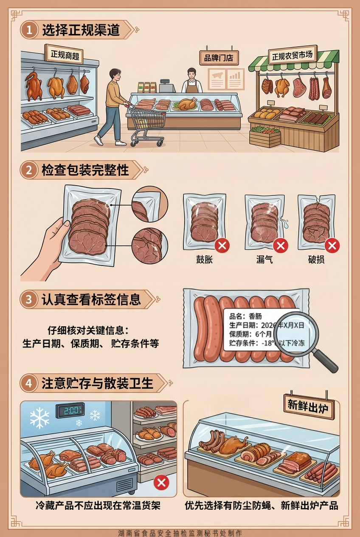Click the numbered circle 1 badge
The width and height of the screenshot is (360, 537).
[x=29, y=30]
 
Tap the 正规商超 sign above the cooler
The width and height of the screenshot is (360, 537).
[x=64, y=55]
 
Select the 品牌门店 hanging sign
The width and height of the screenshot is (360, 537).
[x=219, y=58]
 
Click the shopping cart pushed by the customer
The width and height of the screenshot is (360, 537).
[x=146, y=124]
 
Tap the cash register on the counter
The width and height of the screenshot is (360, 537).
[x=167, y=86]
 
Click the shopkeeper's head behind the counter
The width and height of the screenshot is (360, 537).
[x=191, y=73]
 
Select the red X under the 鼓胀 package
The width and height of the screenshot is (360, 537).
[x=222, y=246]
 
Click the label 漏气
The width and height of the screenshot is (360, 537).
[x=264, y=260]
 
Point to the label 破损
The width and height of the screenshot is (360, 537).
[x=316, y=260]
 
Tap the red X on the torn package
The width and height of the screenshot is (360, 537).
[x=332, y=246]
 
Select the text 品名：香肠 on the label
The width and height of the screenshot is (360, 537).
[x=245, y=316]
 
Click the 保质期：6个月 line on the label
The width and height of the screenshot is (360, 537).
[x=250, y=334]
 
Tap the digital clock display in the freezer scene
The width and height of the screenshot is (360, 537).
[x=70, y=411]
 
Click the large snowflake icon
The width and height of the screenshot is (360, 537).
[x=39, y=418]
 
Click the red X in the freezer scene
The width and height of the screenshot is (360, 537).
[x=161, y=483]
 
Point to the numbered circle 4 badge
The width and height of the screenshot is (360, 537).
[x=29, y=383]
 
